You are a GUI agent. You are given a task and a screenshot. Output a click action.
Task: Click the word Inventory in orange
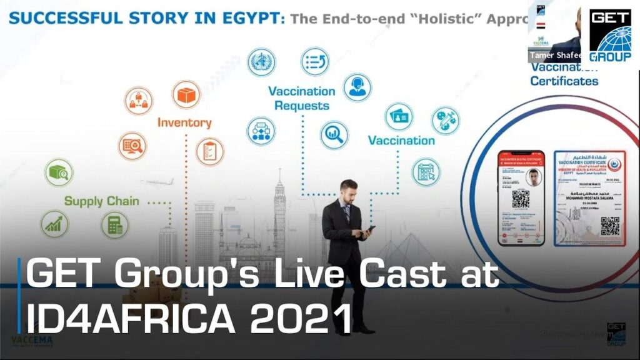point(184,122)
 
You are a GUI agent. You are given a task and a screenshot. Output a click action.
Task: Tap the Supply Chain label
point(102,201)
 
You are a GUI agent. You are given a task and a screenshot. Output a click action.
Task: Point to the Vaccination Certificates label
point(564,75)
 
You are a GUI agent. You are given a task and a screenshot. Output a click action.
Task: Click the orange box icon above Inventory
point(186,95)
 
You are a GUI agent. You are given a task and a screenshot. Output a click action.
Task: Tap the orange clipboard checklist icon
point(210,152)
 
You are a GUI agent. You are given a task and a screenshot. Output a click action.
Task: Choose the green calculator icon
point(115,225)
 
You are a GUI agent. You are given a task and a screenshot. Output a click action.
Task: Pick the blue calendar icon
point(426,171)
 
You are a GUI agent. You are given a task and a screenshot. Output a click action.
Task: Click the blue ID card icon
point(399,117)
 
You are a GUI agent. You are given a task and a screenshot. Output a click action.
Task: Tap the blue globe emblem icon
point(261,62)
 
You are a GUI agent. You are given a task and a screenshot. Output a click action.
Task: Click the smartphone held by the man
point(370,229)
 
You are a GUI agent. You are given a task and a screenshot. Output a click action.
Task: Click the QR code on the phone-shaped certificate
point(521,199)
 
